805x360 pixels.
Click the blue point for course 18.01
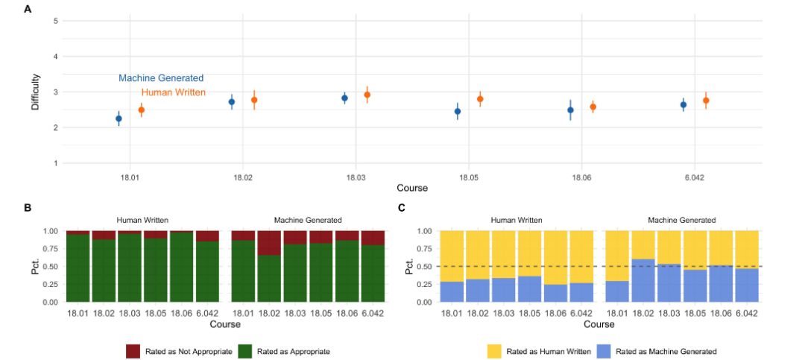point(119,119)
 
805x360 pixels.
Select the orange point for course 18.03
point(367,95)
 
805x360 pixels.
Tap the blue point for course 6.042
point(684,104)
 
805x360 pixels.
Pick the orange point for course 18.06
point(593,107)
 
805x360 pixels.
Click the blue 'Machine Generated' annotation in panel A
point(161,78)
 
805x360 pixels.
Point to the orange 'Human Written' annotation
point(174,92)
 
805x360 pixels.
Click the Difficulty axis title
point(35,92)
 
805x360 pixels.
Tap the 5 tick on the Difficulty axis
point(55,21)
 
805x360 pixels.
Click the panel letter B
point(28,208)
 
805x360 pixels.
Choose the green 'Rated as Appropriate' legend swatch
point(245,350)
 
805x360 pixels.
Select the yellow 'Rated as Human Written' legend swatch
point(494,350)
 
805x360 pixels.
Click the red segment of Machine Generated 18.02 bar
point(269,243)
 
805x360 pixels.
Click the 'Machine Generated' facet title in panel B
point(308,220)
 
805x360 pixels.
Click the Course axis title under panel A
point(412,188)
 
